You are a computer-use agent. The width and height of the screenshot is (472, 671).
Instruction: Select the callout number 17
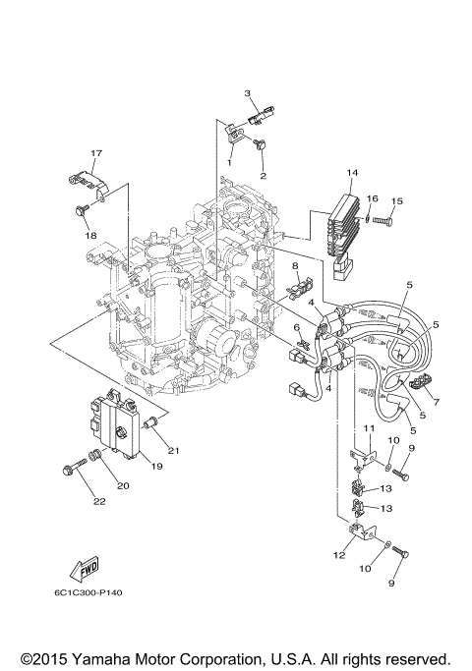tap(96, 153)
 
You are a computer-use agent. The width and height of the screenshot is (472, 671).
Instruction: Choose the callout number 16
tap(372, 197)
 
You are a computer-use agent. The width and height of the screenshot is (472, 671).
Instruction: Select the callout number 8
tap(293, 266)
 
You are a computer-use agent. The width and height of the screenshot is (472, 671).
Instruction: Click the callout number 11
tap(368, 430)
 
